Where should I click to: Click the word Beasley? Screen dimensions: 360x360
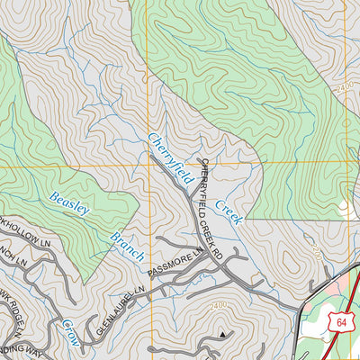(69, 203)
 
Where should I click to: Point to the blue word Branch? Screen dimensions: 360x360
(126, 246)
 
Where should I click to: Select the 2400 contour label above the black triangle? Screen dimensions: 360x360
(217, 307)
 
